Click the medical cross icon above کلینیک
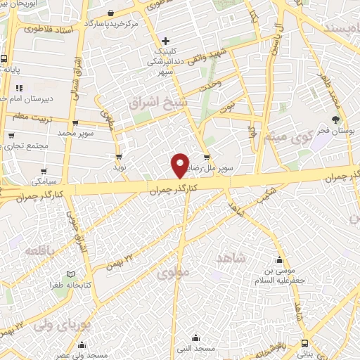[165, 40]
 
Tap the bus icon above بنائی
[304, 343]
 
